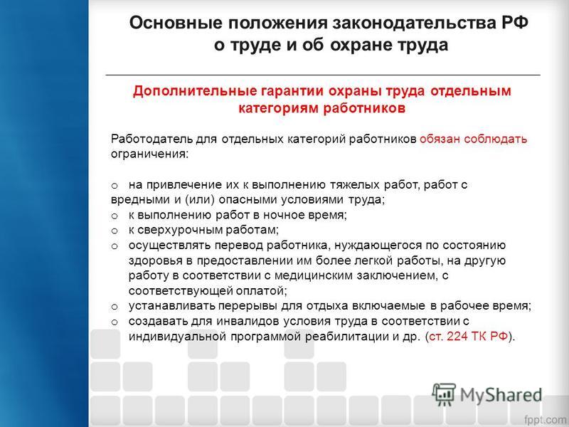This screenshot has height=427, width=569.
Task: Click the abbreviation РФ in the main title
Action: tap(514, 23)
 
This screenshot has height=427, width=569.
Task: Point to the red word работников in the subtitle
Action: tap(364, 108)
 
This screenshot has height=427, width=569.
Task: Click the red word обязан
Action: tap(440, 139)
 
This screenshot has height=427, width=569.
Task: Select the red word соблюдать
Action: tap(495, 139)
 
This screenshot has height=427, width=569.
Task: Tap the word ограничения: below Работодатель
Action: tap(150, 154)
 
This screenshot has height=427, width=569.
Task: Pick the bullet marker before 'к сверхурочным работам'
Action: tap(115, 231)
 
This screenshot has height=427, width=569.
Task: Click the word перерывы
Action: tap(248, 306)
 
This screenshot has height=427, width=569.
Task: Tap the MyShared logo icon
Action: tap(443, 394)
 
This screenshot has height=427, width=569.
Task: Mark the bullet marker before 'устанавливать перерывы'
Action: tap(115, 307)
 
